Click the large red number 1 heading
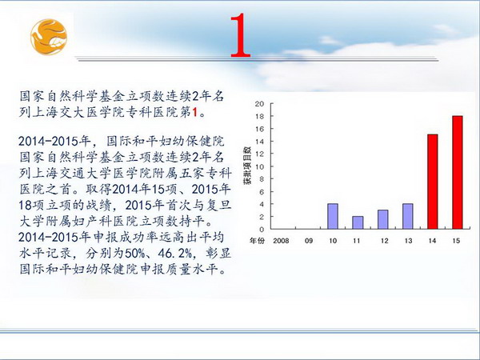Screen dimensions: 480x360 tap(240, 35)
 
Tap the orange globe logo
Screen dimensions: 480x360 tap(49, 37)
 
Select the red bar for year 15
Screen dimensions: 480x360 tap(458, 172)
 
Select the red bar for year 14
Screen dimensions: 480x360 tap(432, 182)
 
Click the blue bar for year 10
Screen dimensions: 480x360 tap(333, 216)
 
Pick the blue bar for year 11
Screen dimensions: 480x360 tap(358, 222)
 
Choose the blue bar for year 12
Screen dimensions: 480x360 tap(382, 219)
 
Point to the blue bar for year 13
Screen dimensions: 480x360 tap(408, 216)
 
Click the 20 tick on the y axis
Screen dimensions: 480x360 tap(259, 104)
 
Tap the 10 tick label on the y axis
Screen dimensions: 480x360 tap(259, 166)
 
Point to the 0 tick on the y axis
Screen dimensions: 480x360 tap(262, 230)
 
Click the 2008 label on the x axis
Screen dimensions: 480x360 tap(281, 241)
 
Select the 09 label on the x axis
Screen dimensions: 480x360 tap(309, 241)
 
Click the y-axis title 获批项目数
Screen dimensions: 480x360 tap(247, 165)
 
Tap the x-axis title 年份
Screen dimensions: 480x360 tap(257, 241)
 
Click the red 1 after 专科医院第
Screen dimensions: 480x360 tap(194, 112)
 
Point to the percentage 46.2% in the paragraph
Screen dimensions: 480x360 tap(175, 253)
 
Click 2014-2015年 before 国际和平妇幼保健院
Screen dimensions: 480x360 tap(54, 141)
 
